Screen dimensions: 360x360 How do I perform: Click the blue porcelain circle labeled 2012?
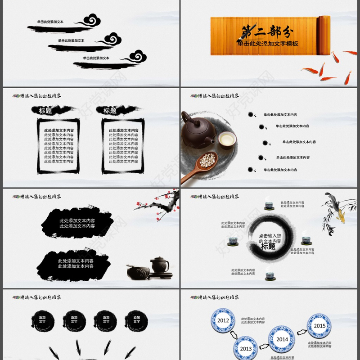(223, 320)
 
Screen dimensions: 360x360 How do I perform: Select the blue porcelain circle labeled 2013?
(246, 348)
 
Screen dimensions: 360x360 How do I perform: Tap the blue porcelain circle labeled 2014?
(282, 339)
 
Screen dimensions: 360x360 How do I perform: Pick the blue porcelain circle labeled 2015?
(319, 326)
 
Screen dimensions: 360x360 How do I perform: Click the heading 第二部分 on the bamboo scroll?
(268, 31)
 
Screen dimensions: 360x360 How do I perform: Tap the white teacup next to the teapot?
(227, 139)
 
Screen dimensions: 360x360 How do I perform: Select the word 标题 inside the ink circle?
(268, 247)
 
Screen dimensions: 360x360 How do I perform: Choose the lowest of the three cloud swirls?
(136, 57)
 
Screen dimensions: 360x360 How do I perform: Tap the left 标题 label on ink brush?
(45, 110)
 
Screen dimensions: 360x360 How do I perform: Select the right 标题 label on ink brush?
(110, 110)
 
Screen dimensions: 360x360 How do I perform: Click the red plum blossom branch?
(155, 205)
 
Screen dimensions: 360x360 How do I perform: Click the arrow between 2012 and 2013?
(234, 335)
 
